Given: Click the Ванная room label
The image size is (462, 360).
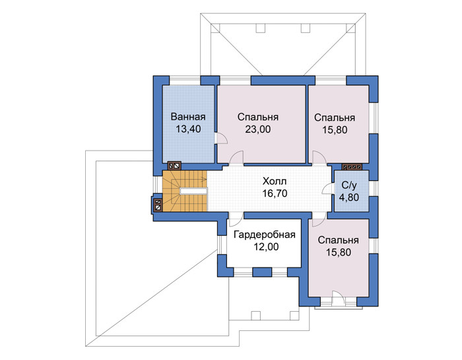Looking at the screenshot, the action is [188, 117].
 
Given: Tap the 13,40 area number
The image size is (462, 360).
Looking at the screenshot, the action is [188, 129].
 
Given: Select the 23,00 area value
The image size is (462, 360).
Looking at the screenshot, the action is [258, 129].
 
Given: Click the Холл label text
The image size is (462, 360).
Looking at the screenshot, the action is [275, 181].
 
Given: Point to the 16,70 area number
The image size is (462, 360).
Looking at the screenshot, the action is [275, 194].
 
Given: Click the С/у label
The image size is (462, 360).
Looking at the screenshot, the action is [349, 185].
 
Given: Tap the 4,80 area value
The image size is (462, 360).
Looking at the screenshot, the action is [349, 198].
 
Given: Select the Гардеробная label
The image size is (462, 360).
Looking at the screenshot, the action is [264, 234].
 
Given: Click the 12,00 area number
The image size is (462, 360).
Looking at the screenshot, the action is [266, 247].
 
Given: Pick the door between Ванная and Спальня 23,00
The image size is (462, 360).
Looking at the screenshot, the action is [221, 139].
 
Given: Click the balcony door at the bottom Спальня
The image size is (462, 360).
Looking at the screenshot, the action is [338, 299].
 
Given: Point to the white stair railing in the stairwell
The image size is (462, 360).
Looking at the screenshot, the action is [193, 191].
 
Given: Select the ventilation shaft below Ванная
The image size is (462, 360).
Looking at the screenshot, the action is [174, 166].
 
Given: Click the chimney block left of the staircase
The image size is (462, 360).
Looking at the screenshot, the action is [158, 205].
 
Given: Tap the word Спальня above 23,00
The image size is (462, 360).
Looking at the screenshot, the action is [258, 117].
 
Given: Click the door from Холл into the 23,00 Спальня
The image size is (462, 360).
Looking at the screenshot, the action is [236, 159].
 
